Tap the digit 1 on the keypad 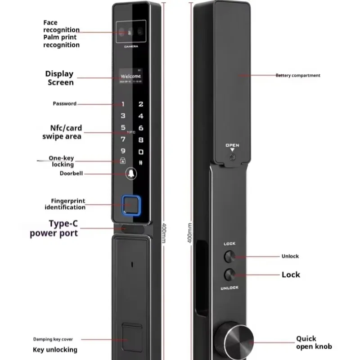coord(123,104)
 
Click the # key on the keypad coord(141,163)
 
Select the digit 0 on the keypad coord(141,152)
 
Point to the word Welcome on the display coord(131,76)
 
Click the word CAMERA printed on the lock coord(131,46)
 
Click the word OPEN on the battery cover coord(232,145)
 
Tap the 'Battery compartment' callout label coord(298,76)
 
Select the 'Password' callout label coord(64,103)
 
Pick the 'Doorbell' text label coord(71,173)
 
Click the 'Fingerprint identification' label coord(65,204)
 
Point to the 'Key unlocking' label coord(55,350)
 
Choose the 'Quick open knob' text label coord(314,342)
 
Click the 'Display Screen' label coord(59,78)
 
